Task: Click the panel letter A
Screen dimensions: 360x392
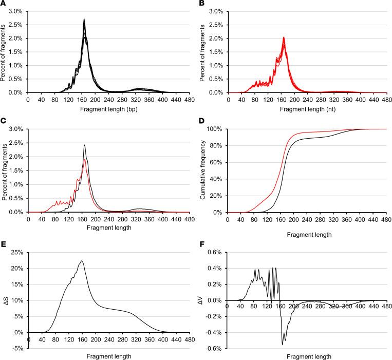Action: click(x=4, y=4)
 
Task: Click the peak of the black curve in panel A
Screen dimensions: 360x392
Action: click(x=84, y=20)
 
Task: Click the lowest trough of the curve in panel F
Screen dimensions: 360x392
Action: click(x=282, y=344)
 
